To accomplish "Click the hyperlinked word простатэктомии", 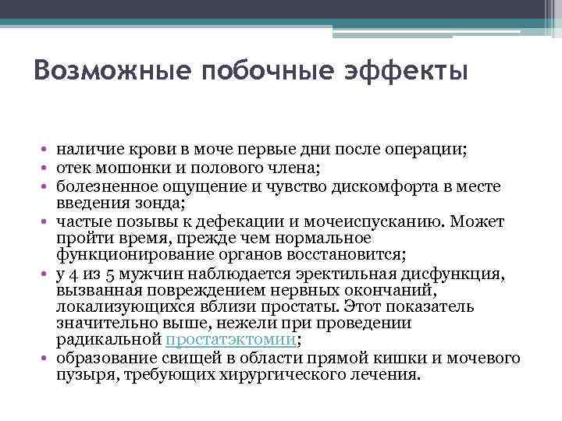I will pyautogui.click(x=231, y=340).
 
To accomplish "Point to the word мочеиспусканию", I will pyautogui.click(x=365, y=221).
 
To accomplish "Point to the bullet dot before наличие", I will pyautogui.click(x=47, y=149).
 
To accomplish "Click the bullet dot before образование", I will pyautogui.click(x=47, y=358).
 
